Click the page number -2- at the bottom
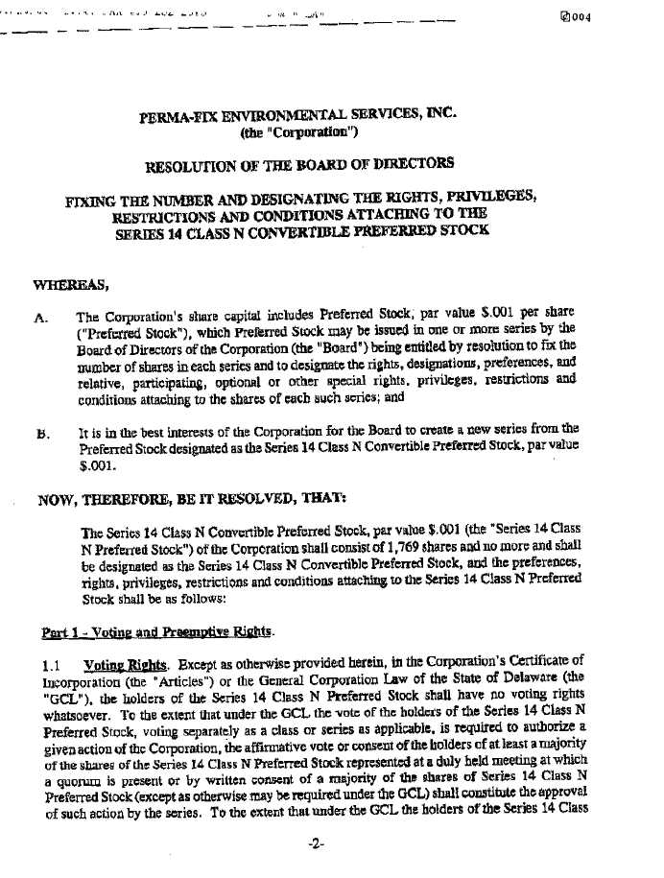point(320,843)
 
